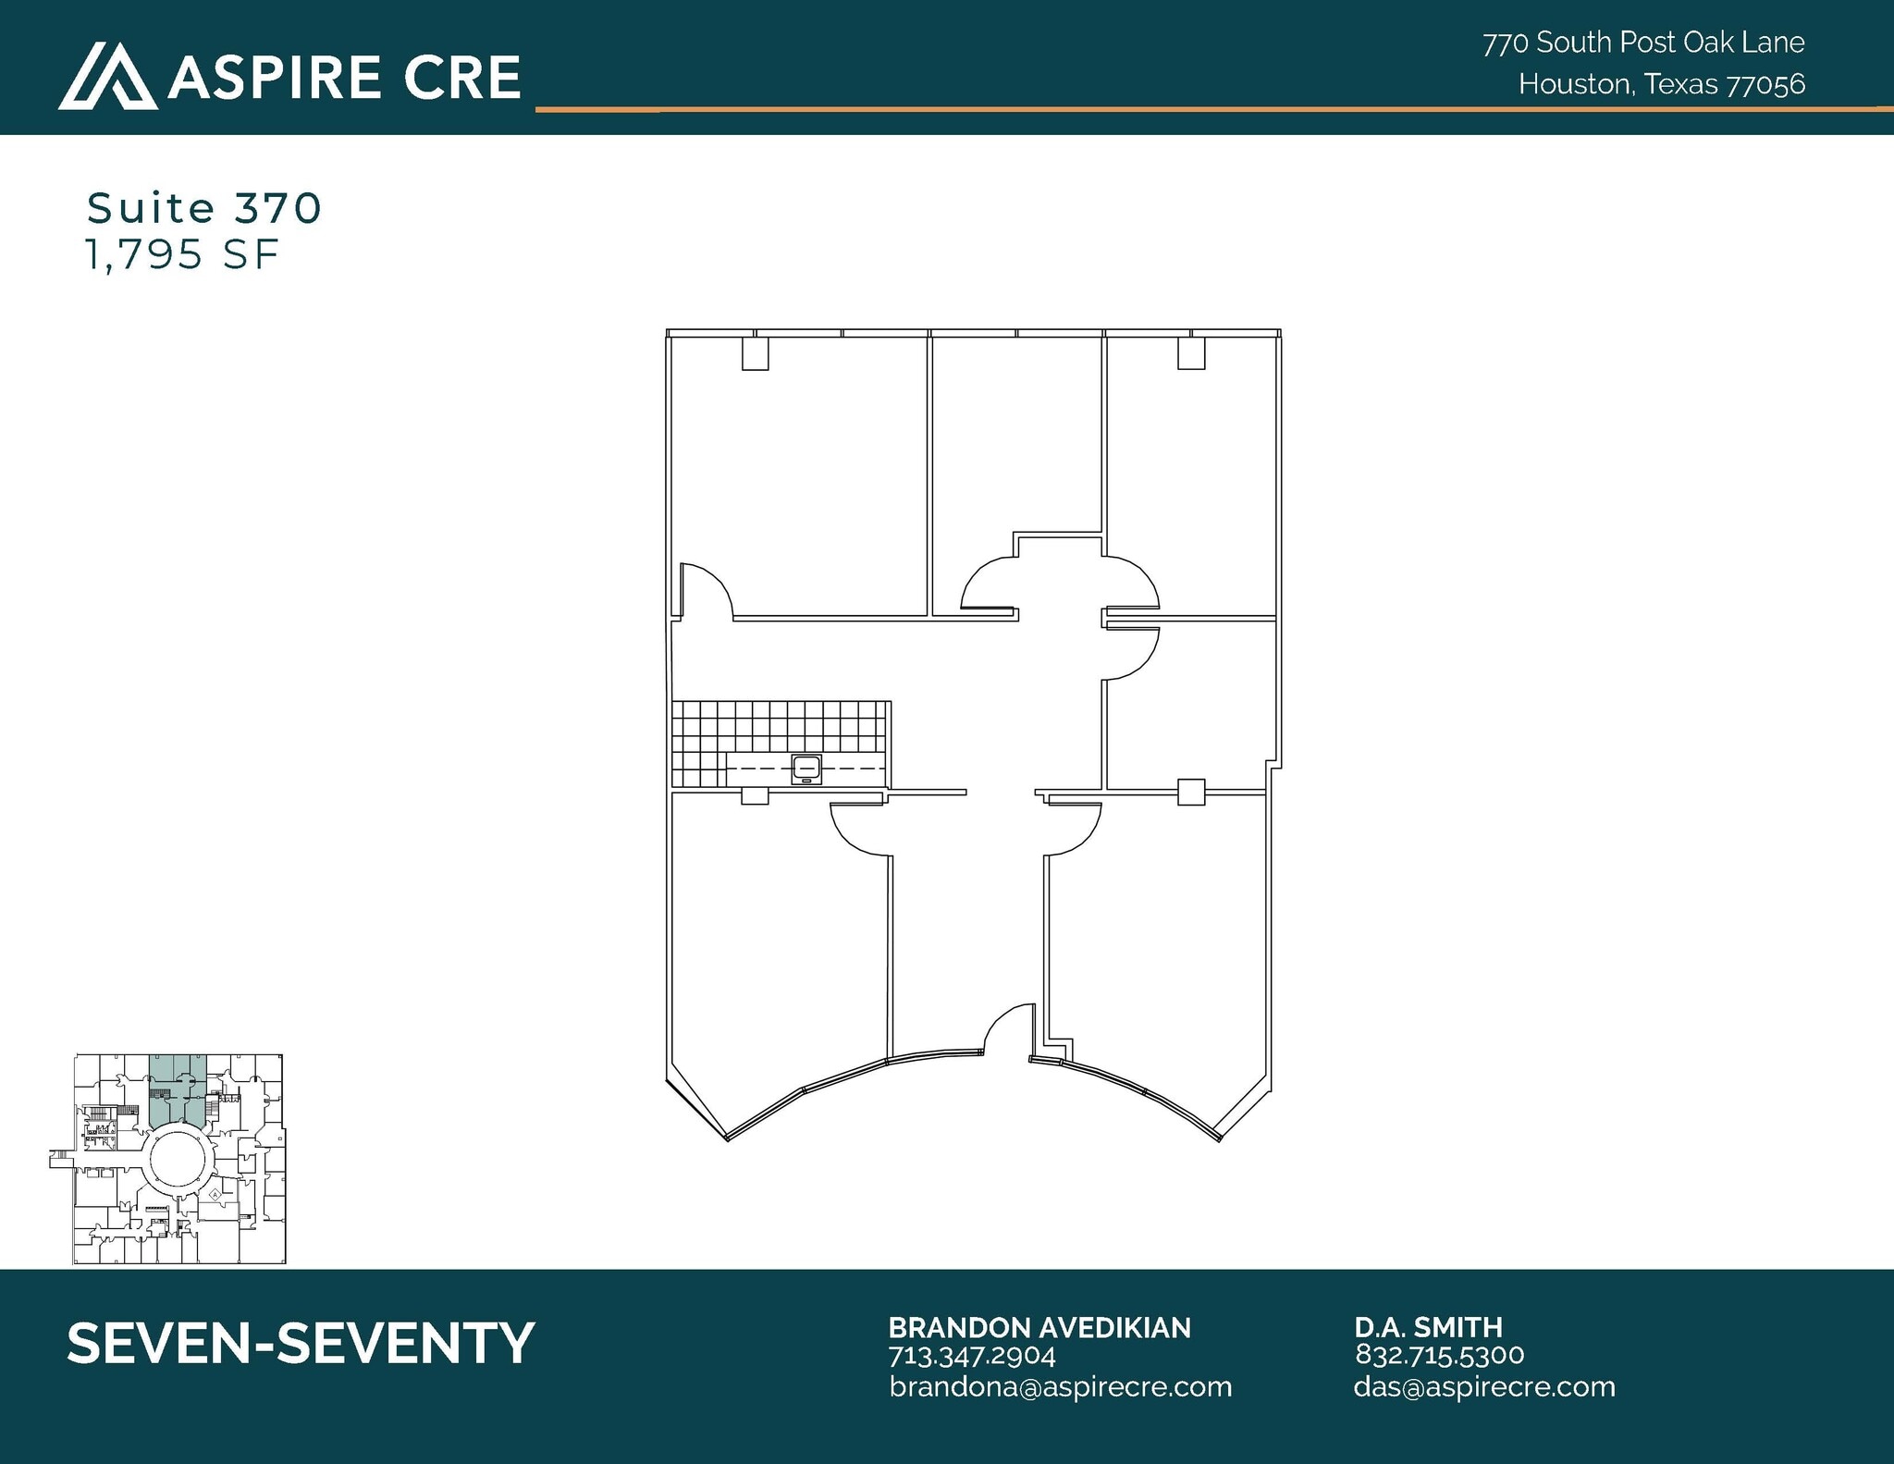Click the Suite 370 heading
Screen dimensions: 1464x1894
tap(204, 208)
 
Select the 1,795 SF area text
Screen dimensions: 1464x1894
tap(182, 254)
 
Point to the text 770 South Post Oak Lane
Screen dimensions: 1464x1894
tap(1643, 43)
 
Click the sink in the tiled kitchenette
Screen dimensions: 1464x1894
tap(806, 768)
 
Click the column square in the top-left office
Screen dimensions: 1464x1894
tap(756, 354)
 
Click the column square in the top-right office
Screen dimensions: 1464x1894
tap(1191, 354)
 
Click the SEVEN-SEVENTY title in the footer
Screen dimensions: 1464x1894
tap(301, 1343)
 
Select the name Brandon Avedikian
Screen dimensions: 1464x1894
tap(1039, 1328)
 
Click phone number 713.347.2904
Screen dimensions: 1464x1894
tap(972, 1356)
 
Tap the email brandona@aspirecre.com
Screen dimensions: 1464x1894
tap(1061, 1386)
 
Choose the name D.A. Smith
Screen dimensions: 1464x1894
tap(1428, 1328)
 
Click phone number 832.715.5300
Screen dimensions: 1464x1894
tap(1439, 1355)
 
